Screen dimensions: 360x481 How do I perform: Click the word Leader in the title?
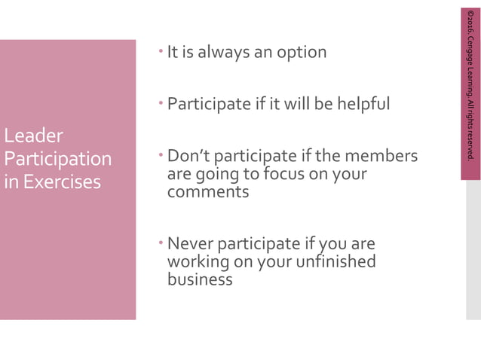click(x=33, y=136)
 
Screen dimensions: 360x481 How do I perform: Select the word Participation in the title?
click(x=57, y=159)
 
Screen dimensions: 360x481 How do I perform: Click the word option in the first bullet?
click(x=301, y=53)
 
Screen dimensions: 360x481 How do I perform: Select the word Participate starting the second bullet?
click(x=207, y=104)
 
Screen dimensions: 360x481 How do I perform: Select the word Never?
click(x=191, y=244)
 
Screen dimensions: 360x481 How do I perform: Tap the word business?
click(x=200, y=279)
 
